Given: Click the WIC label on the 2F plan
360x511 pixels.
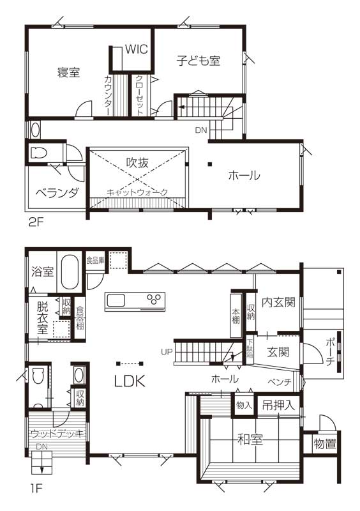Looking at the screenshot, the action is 137,49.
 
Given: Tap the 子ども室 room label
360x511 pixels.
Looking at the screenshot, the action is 199,61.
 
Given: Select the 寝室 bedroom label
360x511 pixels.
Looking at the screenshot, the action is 68,72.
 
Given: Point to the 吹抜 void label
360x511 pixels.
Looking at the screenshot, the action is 137,162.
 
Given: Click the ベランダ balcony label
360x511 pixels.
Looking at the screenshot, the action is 57,193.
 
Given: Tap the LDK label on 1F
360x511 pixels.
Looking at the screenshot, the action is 130,381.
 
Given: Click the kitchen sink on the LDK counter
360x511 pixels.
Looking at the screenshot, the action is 116,300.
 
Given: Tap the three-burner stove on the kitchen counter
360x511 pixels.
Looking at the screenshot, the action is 154,298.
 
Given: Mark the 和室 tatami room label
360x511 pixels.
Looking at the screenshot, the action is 250,440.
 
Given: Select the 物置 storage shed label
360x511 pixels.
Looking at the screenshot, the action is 325,443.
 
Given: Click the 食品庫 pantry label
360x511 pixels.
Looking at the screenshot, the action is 96,261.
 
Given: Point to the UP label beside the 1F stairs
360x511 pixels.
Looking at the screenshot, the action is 166,352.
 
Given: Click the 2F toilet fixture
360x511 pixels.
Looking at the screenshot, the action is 38,153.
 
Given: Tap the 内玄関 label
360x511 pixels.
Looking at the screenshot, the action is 278,302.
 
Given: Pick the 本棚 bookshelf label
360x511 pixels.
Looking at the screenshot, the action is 236,316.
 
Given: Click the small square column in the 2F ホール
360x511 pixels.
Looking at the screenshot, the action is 211,164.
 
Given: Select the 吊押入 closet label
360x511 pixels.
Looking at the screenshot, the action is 278,405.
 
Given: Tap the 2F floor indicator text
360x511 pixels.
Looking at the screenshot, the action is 36,222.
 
